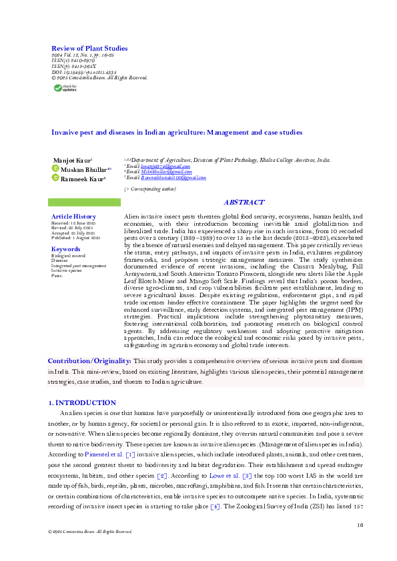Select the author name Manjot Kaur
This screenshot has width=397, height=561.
pyautogui.click(x=73, y=161)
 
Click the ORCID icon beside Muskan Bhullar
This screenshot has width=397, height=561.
pyautogui.click(x=56, y=170)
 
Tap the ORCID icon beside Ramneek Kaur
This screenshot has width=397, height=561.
pyautogui.click(x=56, y=179)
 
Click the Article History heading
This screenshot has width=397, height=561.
pyautogui.click(x=73, y=217)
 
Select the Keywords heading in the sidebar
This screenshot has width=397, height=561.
pyautogui.click(x=65, y=249)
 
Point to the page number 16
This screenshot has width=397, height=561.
pyautogui.click(x=360, y=526)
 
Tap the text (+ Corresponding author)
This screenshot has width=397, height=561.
pyautogui.click(x=150, y=190)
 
